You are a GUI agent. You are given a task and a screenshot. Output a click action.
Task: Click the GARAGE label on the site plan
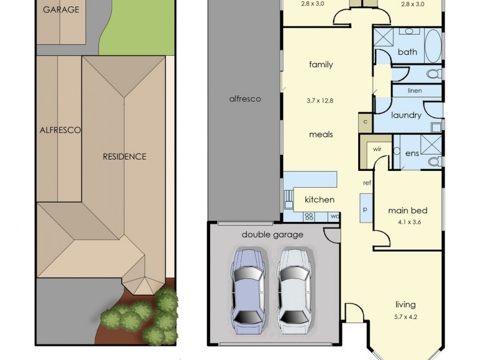61,10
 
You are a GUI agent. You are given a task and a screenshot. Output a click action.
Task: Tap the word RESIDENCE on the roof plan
124,157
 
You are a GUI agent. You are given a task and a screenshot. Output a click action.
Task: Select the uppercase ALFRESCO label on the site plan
61,130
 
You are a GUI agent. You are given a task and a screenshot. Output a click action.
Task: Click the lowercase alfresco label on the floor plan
245,99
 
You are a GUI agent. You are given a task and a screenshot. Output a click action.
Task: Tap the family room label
320,65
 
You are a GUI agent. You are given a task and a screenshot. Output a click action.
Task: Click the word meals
320,134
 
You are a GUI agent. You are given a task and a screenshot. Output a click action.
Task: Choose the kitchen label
319,199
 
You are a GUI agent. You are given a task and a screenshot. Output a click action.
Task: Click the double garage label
272,235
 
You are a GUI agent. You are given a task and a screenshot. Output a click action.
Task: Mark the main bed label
407,211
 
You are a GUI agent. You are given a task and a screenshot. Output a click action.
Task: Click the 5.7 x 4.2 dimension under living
405,316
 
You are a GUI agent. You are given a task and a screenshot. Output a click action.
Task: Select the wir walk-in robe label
377,148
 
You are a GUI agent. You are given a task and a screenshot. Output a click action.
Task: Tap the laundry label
406,115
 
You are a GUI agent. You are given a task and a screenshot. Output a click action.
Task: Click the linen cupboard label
415,91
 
